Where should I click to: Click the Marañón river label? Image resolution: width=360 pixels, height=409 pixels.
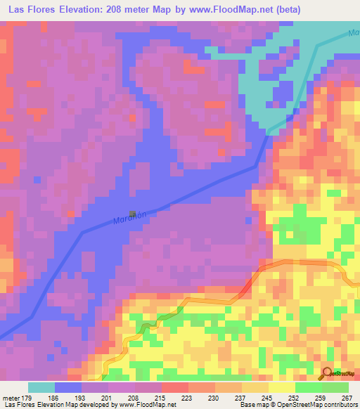click(x=129, y=219)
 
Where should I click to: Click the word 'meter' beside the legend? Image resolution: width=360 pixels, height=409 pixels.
click(x=11, y=397)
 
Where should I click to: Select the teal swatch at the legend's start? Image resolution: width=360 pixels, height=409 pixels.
click(x=41, y=387)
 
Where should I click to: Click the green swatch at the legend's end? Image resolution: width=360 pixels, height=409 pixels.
click(x=335, y=387)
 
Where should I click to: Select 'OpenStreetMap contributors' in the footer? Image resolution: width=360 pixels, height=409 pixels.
click(x=316, y=405)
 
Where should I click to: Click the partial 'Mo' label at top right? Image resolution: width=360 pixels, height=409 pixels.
click(x=354, y=33)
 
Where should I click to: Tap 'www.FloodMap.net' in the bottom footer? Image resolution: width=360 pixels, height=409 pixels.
click(x=148, y=405)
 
